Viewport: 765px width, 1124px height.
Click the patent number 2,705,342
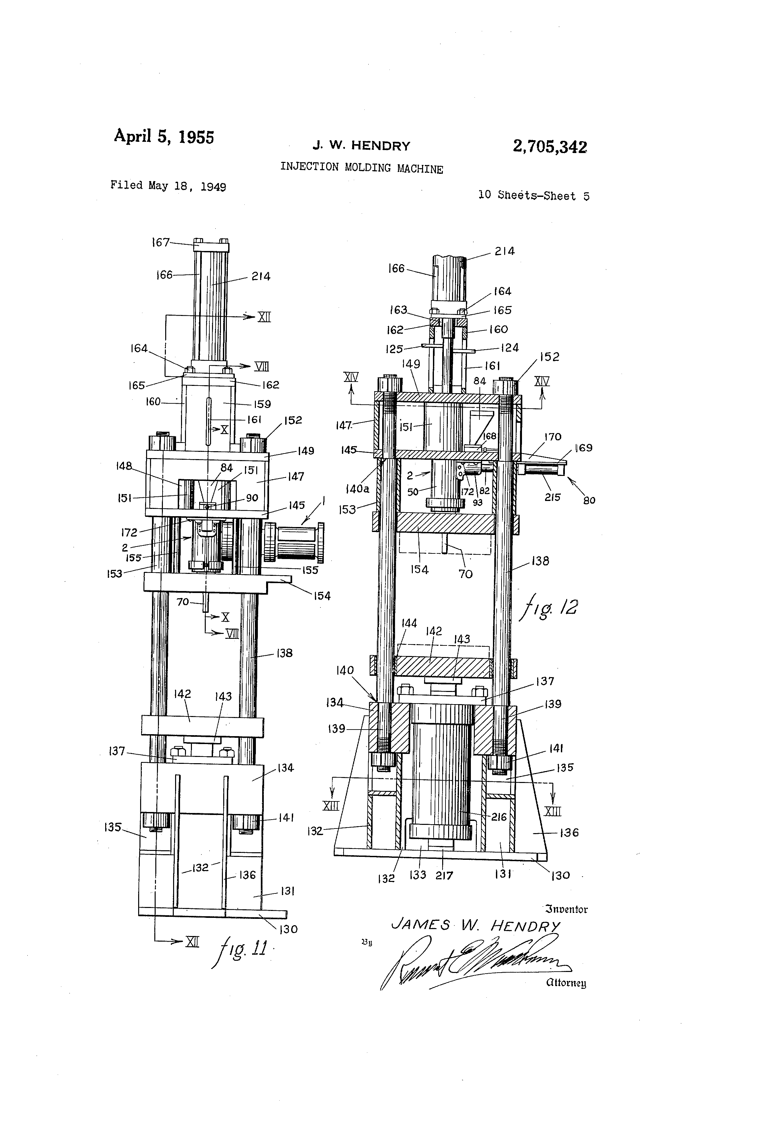(550, 146)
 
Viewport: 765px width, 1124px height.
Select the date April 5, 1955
(164, 137)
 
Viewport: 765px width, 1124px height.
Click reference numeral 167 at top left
(161, 242)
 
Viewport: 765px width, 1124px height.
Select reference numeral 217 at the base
(444, 875)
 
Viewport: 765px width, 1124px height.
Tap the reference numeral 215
(552, 497)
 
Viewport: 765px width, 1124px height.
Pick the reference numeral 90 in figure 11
(252, 498)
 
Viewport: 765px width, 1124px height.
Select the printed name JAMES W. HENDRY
(475, 926)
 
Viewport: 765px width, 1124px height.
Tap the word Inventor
(566, 909)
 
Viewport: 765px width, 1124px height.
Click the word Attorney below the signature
(566, 983)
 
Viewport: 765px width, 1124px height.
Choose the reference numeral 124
(510, 347)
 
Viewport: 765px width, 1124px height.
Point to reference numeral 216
(499, 817)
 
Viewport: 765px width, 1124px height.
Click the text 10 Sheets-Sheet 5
(534, 195)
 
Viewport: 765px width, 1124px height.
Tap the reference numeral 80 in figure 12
(589, 501)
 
